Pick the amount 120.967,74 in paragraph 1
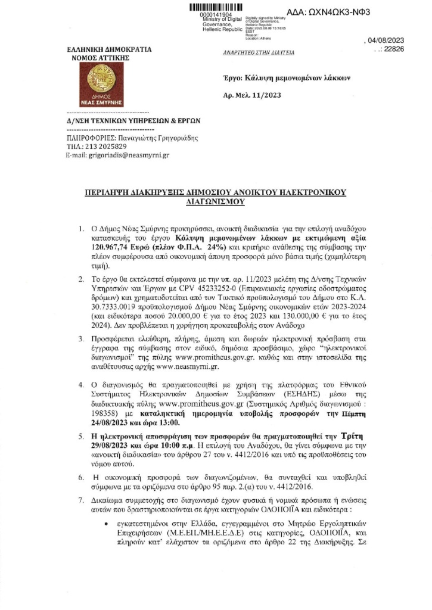click(x=101, y=245)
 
